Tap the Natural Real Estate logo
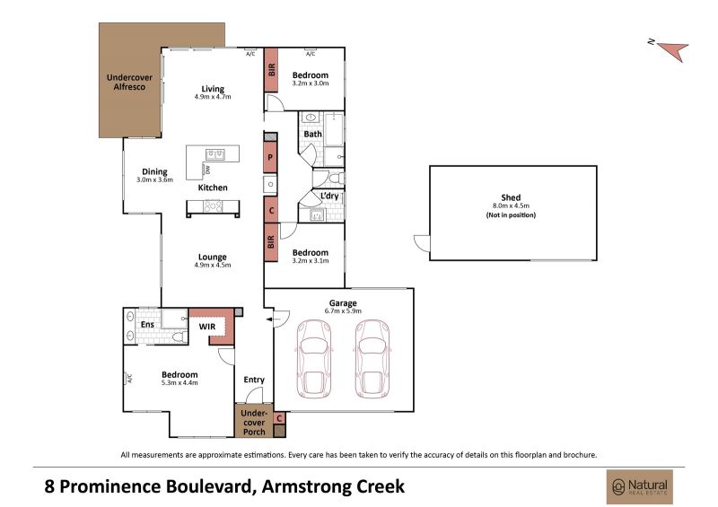(640, 486)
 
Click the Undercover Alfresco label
(129, 82)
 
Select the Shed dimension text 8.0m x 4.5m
(511, 206)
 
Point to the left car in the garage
(314, 359)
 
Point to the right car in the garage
(372, 359)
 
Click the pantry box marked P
(270, 157)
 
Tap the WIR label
(207, 327)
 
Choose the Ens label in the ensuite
(147, 324)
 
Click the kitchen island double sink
(215, 154)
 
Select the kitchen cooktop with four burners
(213, 206)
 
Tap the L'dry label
(329, 196)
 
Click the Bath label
(312, 135)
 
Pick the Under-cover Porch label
(254, 423)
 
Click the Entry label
(254, 380)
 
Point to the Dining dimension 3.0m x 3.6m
(154, 180)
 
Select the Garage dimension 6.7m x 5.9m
(343, 311)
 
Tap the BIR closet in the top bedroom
(271, 70)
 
